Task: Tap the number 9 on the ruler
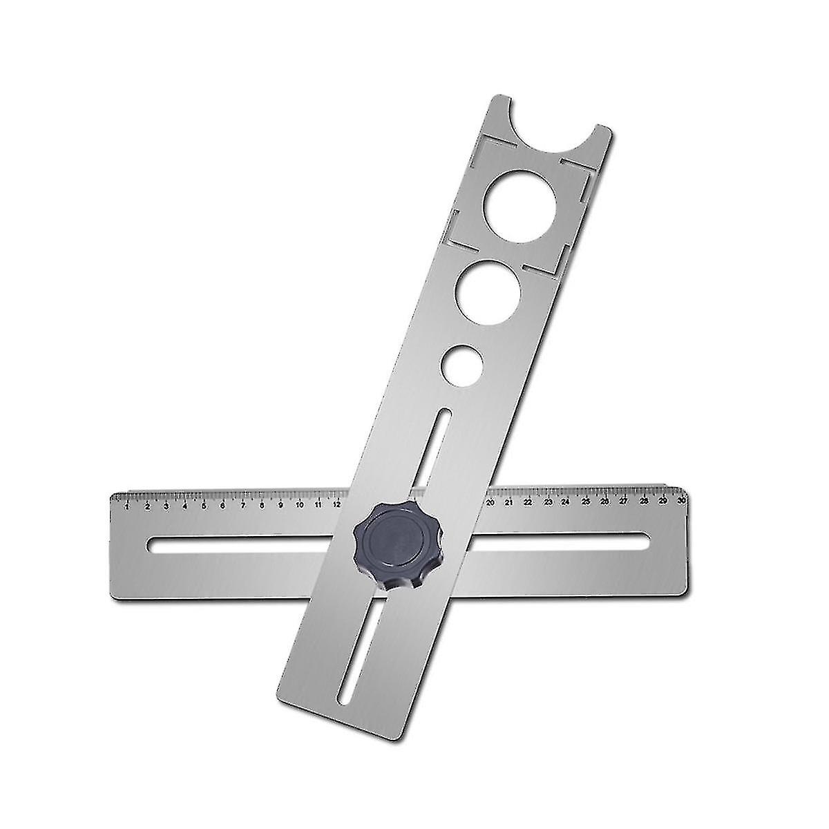(280, 505)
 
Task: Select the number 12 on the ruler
(336, 504)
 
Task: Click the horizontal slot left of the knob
(249, 546)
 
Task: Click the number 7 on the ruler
(242, 506)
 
